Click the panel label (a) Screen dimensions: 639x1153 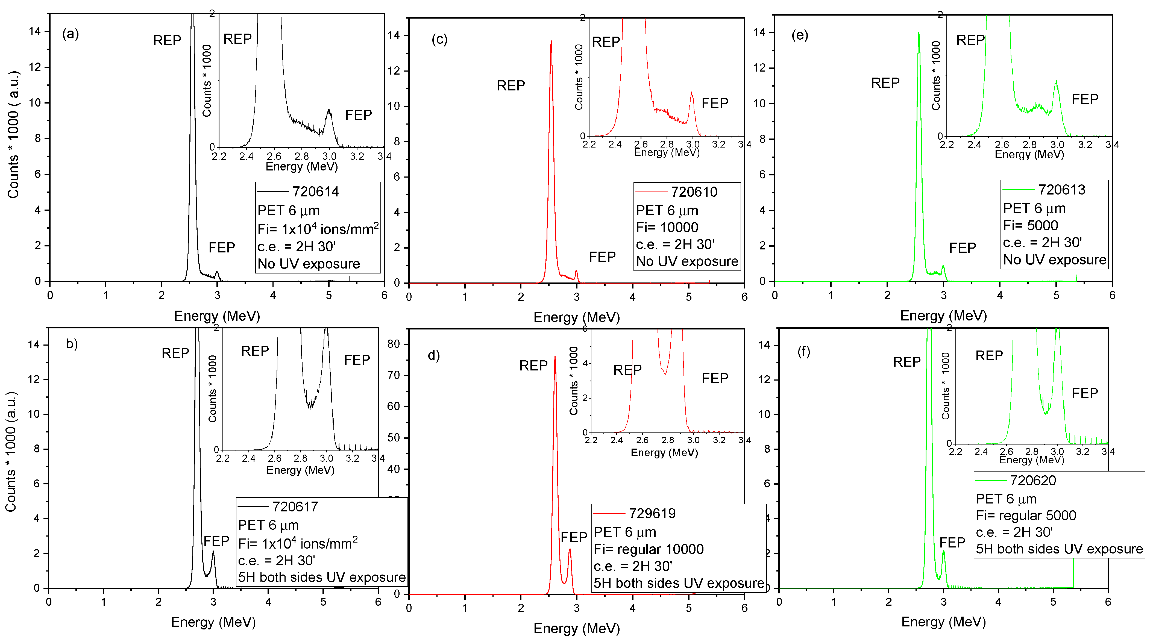(70, 34)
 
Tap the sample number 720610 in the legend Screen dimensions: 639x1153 (694, 192)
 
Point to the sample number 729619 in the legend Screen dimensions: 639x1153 (652, 513)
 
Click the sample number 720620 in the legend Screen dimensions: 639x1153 (1032, 481)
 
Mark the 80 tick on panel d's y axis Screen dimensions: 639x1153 (394, 344)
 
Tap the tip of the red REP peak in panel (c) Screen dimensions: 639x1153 (551, 42)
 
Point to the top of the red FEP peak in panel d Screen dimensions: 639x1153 (570, 549)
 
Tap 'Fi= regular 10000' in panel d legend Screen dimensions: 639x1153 (649, 549)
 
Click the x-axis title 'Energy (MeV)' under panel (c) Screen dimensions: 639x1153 (577, 317)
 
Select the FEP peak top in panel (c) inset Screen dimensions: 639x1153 (691, 93)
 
